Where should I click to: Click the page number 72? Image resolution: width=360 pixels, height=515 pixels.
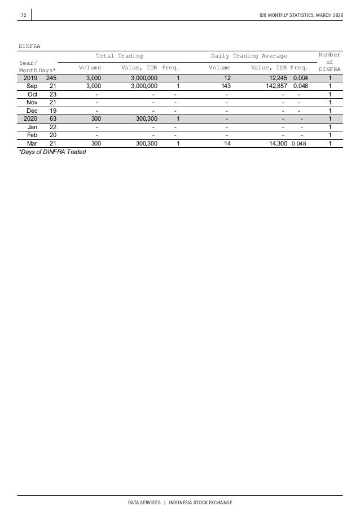[24, 14]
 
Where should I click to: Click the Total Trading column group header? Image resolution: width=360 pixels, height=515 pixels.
[119, 56]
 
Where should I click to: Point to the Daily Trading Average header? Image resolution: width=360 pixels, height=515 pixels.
[248, 56]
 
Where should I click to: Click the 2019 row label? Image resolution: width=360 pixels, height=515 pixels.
[30, 78]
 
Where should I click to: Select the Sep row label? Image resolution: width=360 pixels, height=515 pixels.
[32, 86]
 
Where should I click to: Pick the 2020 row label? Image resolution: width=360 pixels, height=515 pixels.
[30, 119]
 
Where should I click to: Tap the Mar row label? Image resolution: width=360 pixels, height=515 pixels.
[32, 144]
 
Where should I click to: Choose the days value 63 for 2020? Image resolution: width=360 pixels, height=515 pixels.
[52, 119]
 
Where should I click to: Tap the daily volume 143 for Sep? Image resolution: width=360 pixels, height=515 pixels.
[227, 86]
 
